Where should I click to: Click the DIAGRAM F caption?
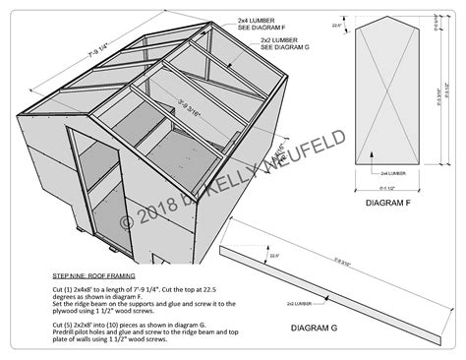coord(386,205)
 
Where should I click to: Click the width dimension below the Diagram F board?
coord(385,188)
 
